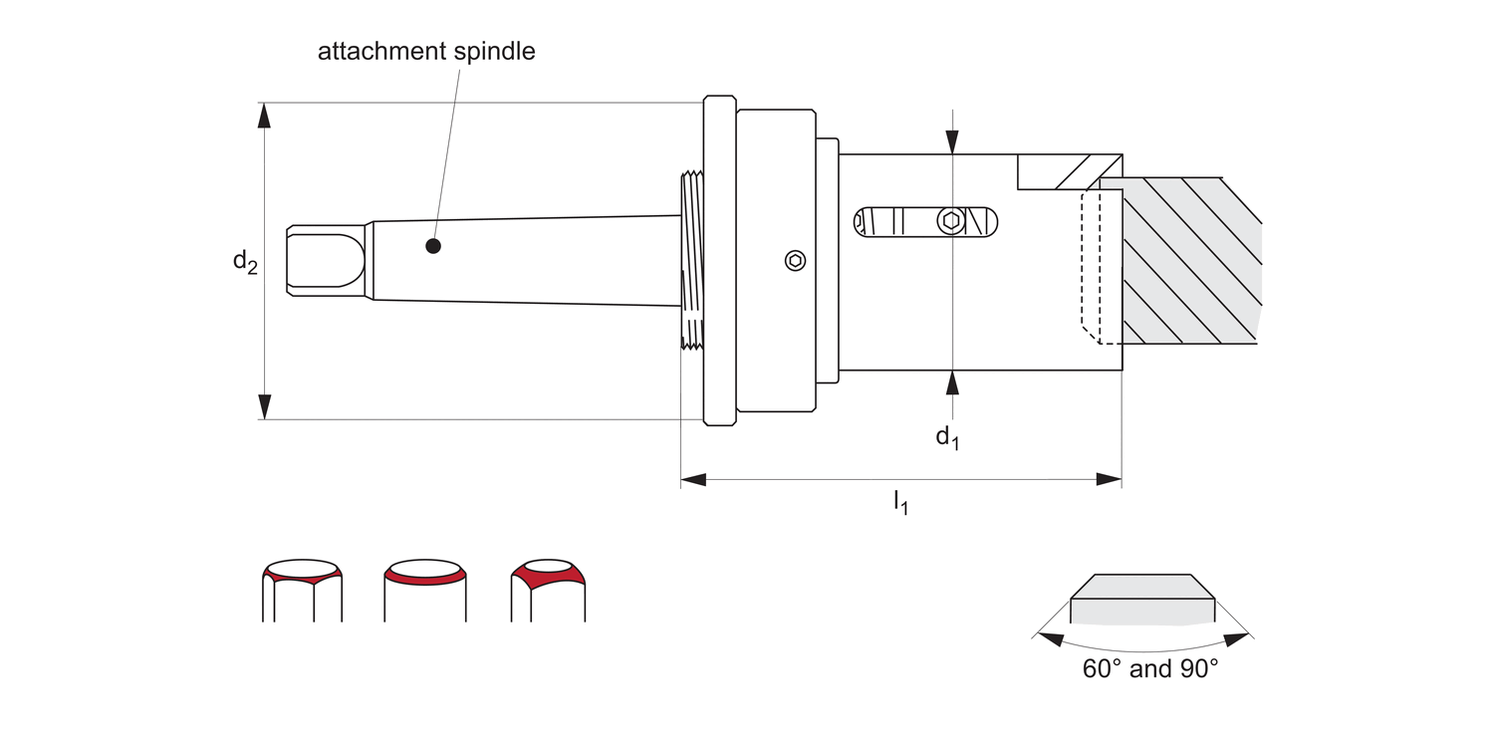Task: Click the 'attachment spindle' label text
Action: click(426, 52)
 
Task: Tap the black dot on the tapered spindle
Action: click(432, 246)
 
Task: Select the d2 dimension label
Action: click(245, 262)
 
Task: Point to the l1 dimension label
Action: click(900, 502)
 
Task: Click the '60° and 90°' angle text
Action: click(1150, 668)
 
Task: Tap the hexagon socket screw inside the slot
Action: click(951, 221)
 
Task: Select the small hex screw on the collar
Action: click(795, 261)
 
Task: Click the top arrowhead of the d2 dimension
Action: click(264, 115)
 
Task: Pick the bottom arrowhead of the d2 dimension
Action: click(264, 406)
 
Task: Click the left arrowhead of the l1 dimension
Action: click(693, 479)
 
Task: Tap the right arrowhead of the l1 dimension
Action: click(1109, 479)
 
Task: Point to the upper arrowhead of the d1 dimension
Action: click(953, 142)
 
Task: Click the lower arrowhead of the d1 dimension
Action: click(953, 382)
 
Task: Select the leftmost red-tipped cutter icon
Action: click(302, 590)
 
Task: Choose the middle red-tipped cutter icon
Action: click(425, 590)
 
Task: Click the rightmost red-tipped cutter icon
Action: click(547, 590)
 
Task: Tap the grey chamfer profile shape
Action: click(1142, 598)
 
